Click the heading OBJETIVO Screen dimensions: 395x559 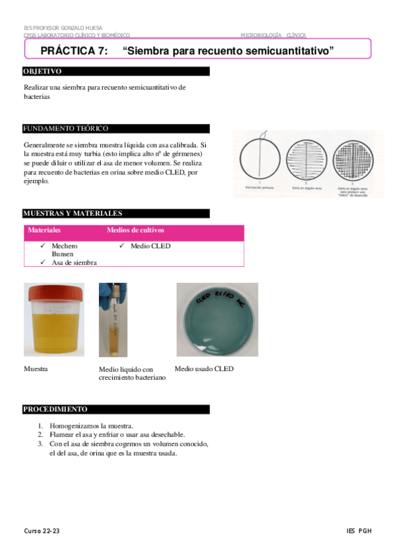pyautogui.click(x=42, y=71)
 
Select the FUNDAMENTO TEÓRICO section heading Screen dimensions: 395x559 pyautogui.click(x=65, y=129)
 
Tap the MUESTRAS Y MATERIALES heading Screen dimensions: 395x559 pyautogui.click(x=73, y=214)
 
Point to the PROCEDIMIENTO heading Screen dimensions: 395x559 pyautogui.click(x=55, y=409)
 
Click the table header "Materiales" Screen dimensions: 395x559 pyautogui.click(x=44, y=231)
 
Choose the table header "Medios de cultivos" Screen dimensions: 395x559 pyautogui.click(x=135, y=231)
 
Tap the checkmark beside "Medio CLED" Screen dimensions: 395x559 pyautogui.click(x=123, y=247)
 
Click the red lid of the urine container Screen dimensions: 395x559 pyautogui.click(x=55, y=291)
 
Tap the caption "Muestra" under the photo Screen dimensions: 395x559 pyautogui.click(x=36, y=369)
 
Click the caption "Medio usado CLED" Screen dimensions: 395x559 pyautogui.click(x=204, y=369)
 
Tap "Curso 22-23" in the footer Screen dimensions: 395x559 pyautogui.click(x=42, y=531)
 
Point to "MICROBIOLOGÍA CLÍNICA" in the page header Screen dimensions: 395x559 pyautogui.click(x=273, y=36)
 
